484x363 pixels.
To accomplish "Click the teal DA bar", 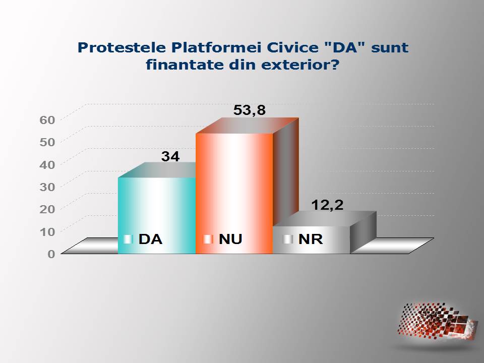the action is click(x=157, y=215).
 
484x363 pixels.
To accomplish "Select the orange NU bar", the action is click(x=234, y=194).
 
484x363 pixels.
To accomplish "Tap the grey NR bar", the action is click(x=312, y=240).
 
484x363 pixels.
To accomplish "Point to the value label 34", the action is click(x=170, y=156).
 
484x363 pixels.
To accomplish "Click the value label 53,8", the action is click(x=250, y=110).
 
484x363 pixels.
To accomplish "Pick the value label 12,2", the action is click(x=327, y=205).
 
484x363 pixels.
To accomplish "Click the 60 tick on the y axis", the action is click(x=47, y=120).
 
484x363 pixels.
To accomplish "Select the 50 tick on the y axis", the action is click(x=47, y=142).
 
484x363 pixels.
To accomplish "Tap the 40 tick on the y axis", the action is click(x=47, y=164).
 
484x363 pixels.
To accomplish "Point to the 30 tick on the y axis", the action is click(x=47, y=187).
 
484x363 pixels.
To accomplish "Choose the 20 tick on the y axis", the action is click(x=47, y=209).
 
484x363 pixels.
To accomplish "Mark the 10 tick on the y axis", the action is click(x=47, y=231).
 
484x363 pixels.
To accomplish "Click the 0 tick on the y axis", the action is click(x=51, y=254).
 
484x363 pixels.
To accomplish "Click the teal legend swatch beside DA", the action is click(x=128, y=239).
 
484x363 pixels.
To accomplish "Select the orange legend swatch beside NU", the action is click(x=208, y=239).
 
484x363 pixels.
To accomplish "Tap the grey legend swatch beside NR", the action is click(x=288, y=239).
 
